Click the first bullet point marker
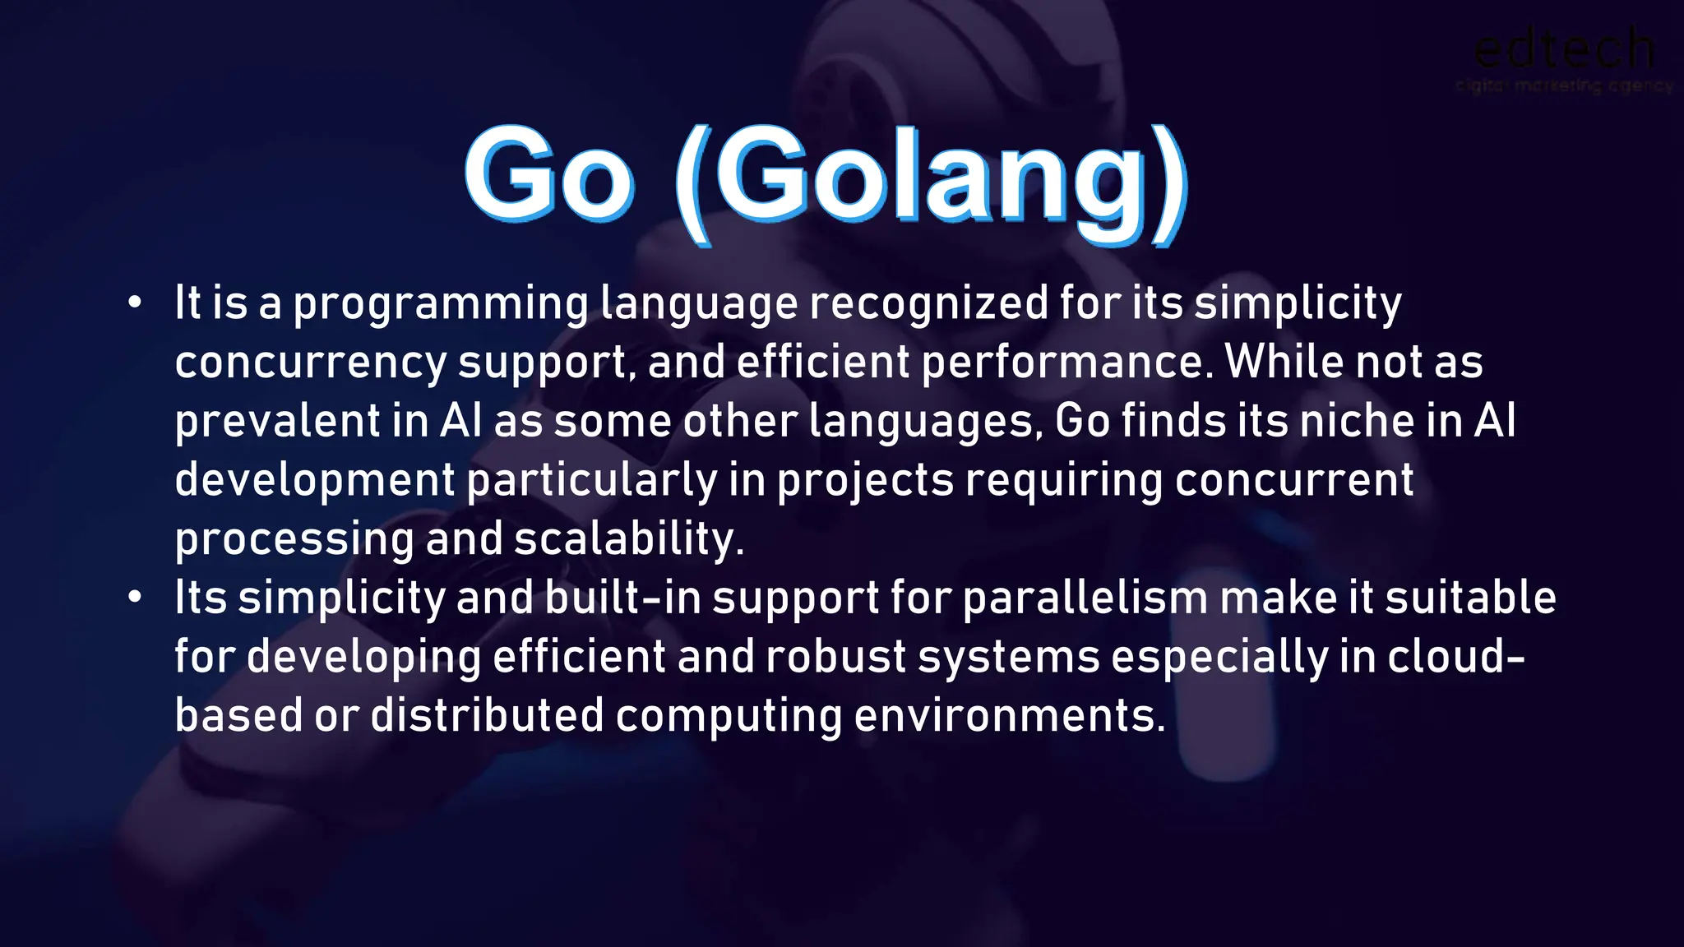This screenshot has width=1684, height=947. point(135,303)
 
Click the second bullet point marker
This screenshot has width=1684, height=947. point(135,598)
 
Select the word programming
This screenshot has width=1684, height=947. point(441,304)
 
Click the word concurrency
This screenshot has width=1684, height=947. point(311,363)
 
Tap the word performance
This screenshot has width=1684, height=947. point(1066,363)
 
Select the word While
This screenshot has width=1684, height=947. point(1284,362)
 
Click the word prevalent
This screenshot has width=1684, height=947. point(277,422)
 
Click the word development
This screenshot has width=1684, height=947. point(315,481)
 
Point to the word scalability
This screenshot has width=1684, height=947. point(629,539)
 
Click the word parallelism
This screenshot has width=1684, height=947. point(1085,598)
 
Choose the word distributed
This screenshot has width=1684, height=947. point(487,715)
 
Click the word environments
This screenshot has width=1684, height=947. point(1010,715)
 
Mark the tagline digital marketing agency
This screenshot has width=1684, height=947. point(1563,85)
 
